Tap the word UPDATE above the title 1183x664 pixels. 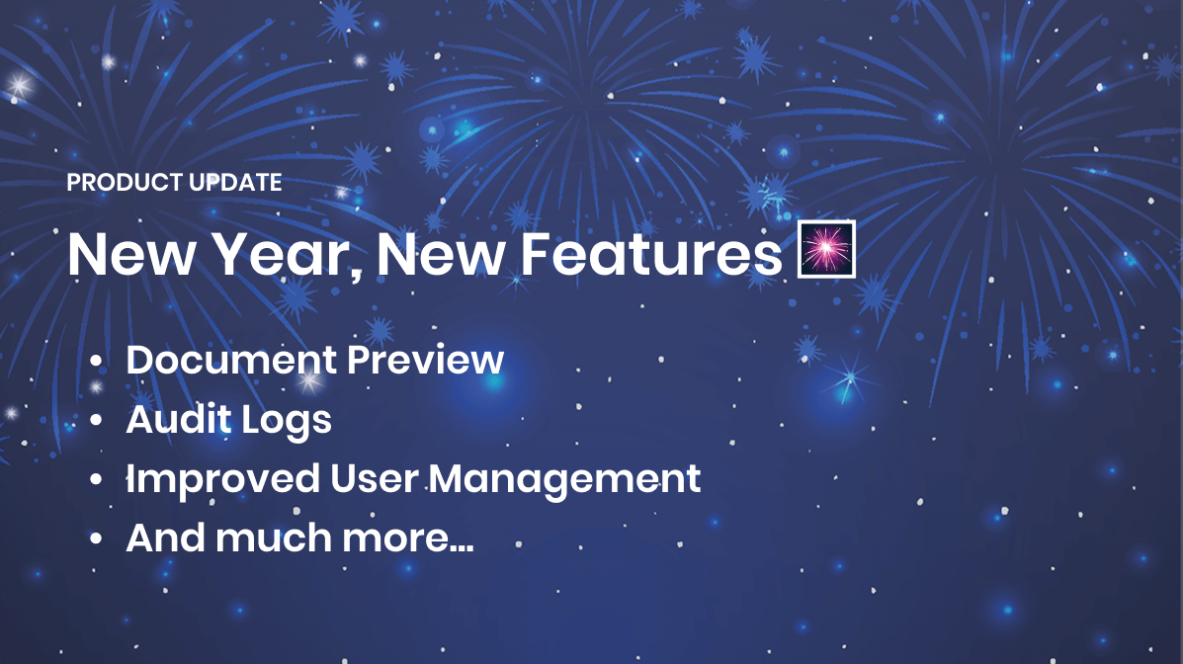[235, 183]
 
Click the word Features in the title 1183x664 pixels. [651, 254]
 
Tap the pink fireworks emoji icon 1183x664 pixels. [826, 249]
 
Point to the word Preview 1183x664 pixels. [426, 360]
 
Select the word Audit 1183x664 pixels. [179, 420]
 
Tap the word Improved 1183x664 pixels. [223, 480]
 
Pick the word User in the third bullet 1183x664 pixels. [374, 479]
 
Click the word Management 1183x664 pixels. [564, 480]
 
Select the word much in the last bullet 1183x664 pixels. [274, 538]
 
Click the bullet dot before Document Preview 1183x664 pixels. [95, 362]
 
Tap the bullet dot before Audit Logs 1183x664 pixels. [95, 420]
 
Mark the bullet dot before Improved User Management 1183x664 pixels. [95, 480]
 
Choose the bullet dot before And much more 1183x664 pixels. [95, 539]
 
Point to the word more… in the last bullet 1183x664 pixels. [408, 539]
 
